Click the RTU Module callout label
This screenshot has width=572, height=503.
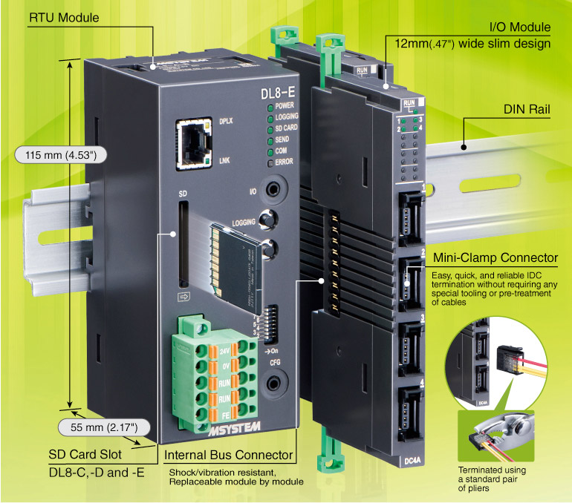(x=65, y=17)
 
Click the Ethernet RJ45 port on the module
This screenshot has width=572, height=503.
(x=192, y=139)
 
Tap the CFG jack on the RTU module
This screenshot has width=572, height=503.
(x=276, y=383)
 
